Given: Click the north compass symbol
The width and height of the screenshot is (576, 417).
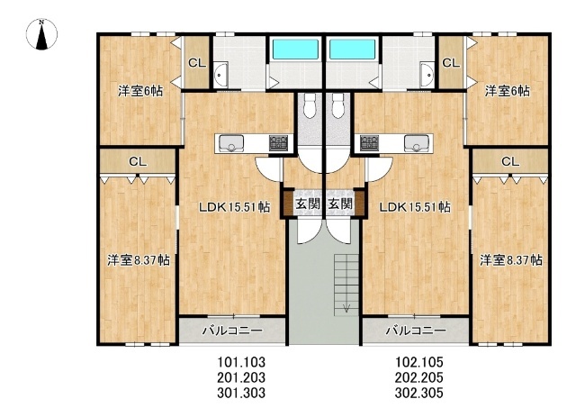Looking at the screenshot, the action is (41, 34).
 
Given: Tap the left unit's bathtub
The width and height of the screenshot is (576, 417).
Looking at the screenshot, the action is (294, 49).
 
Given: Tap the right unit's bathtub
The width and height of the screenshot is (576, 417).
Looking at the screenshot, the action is (353, 49).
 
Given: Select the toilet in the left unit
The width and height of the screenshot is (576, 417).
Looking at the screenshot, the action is (310, 105).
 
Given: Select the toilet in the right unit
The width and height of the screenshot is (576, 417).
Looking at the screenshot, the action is (338, 105).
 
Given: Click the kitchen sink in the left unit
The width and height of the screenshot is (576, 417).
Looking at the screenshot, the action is (231, 143).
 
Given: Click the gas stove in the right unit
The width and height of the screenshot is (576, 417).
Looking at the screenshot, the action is (370, 142).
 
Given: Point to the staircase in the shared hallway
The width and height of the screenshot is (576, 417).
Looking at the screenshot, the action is (346, 285).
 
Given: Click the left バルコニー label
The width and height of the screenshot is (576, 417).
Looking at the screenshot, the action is (233, 331).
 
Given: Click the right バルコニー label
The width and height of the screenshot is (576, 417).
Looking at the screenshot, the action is (416, 331).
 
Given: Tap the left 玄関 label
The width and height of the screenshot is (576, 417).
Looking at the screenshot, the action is (308, 204).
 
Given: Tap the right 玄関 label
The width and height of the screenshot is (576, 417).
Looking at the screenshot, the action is (340, 204).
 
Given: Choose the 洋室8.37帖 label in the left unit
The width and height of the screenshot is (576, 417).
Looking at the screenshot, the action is (139, 260).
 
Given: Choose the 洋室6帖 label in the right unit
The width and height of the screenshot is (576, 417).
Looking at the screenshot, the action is (508, 91).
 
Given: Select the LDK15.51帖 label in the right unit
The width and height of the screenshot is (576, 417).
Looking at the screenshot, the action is (415, 207).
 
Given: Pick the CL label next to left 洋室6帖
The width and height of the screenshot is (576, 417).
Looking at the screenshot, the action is (197, 63).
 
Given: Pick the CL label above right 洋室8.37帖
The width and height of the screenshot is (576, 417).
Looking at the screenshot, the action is (510, 161).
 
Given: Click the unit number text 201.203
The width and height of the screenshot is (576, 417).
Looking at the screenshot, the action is (241, 377).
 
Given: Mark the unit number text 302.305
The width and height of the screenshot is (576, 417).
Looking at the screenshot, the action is (419, 393).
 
